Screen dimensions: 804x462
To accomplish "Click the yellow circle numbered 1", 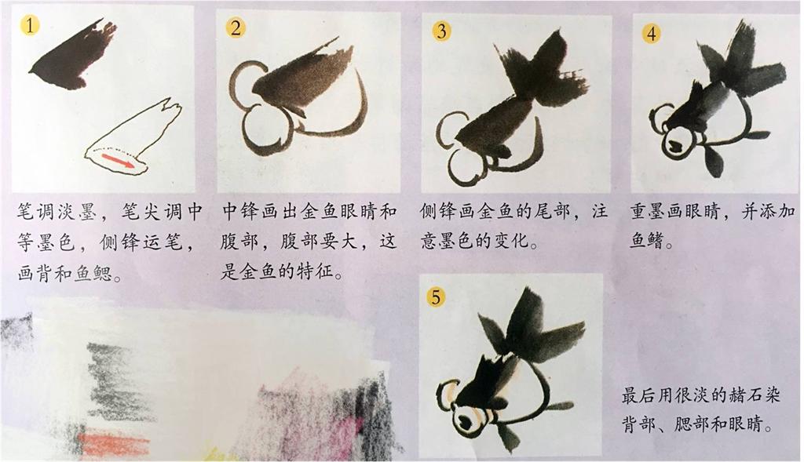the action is (x=31, y=24).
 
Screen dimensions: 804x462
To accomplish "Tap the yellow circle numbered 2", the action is (x=236, y=27).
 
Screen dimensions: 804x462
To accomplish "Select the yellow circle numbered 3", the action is (x=441, y=31).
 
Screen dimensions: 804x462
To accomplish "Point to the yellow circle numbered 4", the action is (x=651, y=33).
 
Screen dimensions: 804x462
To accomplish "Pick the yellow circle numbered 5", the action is (x=436, y=296).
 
